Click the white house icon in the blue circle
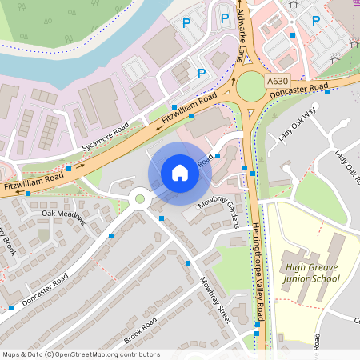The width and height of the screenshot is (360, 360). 180,173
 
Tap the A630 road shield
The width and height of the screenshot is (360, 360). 278,81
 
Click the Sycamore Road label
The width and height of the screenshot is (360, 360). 105,140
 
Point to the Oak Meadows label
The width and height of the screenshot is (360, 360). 63,214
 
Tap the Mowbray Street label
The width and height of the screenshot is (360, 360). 214,300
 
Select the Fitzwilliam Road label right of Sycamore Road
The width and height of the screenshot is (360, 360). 190,109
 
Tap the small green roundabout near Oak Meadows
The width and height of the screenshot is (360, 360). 140,198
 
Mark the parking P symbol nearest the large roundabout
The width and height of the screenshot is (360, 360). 202,74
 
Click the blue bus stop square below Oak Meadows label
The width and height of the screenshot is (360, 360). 110,236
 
